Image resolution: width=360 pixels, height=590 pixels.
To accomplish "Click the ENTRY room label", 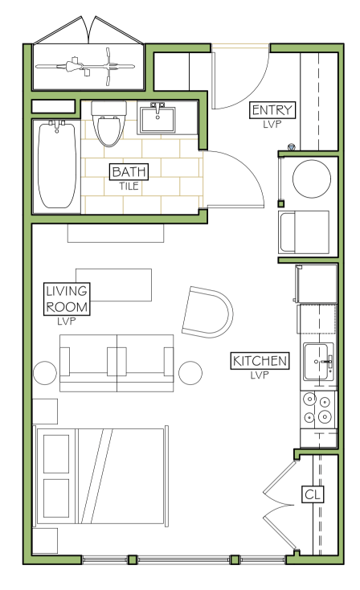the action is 272,110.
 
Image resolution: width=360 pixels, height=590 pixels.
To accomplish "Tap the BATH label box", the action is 129,171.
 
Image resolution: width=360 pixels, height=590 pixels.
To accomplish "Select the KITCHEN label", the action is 260,361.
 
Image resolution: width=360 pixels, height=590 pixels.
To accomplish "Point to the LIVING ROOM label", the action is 67,299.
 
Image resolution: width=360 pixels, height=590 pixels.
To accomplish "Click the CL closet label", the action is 313,494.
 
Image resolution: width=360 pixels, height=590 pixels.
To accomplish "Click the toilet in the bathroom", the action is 108,124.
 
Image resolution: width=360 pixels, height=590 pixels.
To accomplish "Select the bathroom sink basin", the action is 157,118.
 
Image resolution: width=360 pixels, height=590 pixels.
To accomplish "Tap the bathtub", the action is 57,165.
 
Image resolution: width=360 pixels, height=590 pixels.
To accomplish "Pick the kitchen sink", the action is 318,362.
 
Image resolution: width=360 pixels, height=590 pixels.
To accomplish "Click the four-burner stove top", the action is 318,409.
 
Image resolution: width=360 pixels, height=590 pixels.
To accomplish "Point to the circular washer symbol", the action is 312,178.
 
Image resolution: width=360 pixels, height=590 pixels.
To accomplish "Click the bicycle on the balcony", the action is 85,67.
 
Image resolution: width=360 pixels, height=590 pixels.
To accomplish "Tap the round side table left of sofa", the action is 45,373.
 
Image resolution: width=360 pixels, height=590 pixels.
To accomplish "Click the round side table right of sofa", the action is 190,373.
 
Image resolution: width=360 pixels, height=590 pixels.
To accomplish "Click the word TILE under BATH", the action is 129,186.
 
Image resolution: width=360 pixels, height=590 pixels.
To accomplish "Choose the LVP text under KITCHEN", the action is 260,375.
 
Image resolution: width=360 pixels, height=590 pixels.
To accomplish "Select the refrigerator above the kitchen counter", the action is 315,284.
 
